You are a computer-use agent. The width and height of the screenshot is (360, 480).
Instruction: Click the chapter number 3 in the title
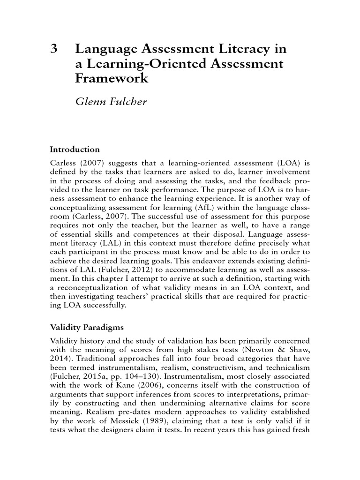pos(53,49)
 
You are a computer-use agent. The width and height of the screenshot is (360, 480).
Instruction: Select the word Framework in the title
pos(112,78)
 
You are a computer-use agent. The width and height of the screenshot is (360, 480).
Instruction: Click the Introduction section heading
pos(75,150)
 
